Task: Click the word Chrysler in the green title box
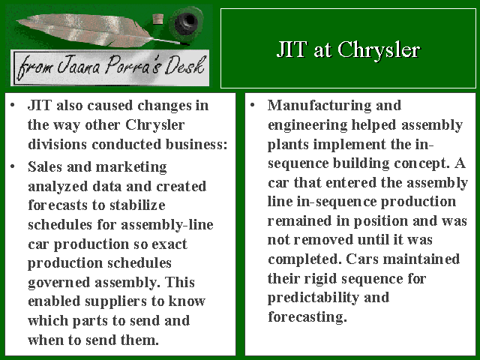(x=379, y=50)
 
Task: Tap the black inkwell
(x=186, y=22)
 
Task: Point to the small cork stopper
(x=158, y=19)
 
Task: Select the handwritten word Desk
(x=184, y=65)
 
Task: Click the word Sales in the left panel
(x=45, y=166)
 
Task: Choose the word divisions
(x=57, y=145)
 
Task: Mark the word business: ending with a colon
(x=196, y=145)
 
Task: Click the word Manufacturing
(x=319, y=106)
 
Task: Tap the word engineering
(x=307, y=126)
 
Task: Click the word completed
(x=304, y=260)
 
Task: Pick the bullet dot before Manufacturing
(x=253, y=106)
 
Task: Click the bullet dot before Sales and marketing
(x=13, y=166)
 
